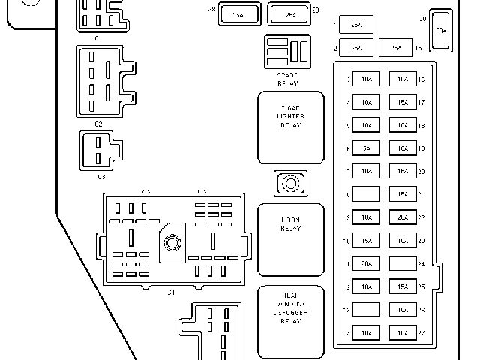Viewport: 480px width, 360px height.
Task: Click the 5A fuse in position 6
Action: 365,148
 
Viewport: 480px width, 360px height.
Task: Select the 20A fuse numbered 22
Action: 403,217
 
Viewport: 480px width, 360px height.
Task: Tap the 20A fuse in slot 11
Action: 365,264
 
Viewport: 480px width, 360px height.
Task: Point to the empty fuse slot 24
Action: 403,264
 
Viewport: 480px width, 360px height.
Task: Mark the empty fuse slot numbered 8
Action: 365,194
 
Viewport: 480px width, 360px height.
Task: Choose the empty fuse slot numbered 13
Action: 365,309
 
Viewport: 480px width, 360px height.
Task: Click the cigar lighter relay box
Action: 291,127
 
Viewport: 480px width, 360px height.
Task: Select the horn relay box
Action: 291,239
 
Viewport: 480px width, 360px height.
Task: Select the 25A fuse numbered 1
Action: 356,25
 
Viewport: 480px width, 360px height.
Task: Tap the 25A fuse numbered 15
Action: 396,48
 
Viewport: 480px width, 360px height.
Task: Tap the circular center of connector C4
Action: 172,241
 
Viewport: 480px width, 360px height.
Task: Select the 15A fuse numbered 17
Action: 403,102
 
